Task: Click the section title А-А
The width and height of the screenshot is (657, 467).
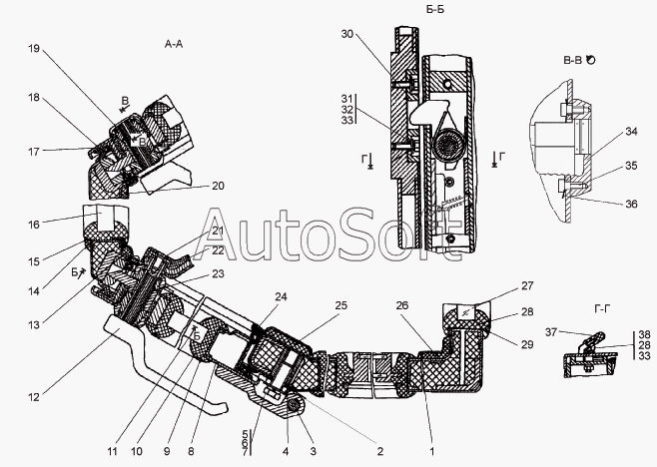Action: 174,44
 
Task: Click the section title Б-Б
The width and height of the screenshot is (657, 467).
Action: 435,9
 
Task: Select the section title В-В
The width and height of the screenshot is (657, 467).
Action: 573,60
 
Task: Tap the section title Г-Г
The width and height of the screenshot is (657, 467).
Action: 602,309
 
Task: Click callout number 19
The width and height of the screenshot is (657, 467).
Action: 34,48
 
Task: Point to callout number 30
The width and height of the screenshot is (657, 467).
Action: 347,34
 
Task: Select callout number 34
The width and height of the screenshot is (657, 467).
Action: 631,131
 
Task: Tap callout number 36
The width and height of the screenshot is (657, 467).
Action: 631,204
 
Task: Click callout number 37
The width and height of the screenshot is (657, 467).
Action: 551,332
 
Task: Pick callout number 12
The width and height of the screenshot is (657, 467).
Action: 34,396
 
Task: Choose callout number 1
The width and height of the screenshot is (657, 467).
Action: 432,451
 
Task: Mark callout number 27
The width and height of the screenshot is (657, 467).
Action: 527,285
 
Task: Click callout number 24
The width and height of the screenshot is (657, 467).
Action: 281,296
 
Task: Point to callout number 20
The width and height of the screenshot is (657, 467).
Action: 218,186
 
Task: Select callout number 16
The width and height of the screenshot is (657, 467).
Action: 34,225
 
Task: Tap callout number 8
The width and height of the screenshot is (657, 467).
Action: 191,451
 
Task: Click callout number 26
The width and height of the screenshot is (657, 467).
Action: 401,305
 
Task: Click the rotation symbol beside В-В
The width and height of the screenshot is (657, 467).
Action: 590,60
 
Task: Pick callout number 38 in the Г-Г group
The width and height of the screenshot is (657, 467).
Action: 644,334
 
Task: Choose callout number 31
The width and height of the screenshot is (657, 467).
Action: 346,99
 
